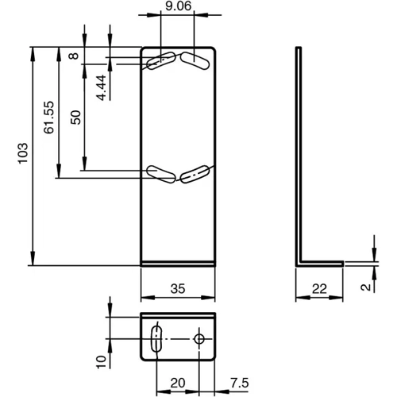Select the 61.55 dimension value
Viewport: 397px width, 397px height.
click(48, 117)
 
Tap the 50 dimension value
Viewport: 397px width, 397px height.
click(75, 116)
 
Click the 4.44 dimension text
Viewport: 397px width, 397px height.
click(102, 85)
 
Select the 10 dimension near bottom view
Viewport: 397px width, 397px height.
click(101, 361)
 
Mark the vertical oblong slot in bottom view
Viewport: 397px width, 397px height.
click(156, 339)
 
